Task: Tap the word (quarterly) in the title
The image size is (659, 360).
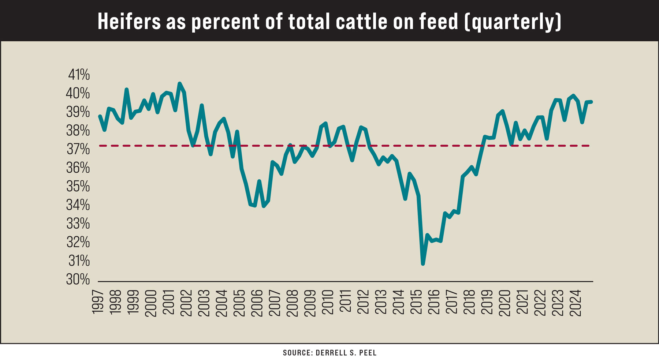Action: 513,22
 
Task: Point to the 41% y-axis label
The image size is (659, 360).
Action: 79,75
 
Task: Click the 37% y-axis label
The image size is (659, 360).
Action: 78,149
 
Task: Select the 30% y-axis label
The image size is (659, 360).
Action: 78,279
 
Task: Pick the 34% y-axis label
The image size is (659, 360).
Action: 78,205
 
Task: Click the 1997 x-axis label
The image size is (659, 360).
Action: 98,302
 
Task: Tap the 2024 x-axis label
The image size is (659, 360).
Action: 576,302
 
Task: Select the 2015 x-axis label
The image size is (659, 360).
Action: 417,302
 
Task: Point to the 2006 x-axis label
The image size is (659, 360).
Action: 257,302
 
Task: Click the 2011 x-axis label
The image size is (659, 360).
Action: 346,302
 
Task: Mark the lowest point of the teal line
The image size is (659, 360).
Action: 423,263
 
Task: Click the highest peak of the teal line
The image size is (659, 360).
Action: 179,83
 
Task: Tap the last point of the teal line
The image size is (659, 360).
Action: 591,102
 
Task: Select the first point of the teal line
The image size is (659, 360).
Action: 100,116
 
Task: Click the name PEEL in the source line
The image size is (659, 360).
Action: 367,353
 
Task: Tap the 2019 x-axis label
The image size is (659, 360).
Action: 487,302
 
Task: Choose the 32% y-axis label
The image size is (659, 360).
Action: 78,242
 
